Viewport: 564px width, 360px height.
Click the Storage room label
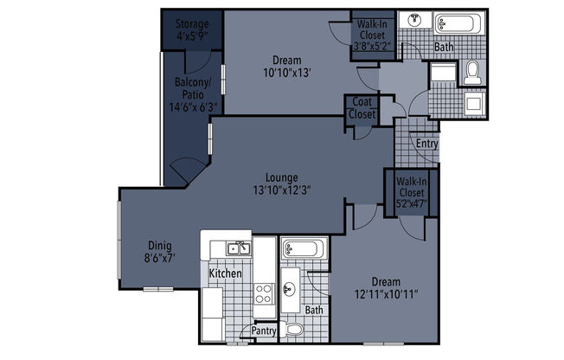pos(191,23)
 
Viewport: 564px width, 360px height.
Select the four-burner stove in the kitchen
pos(264,294)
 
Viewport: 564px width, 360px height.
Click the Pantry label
pos(264,331)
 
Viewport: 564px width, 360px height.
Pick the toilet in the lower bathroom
pos(294,329)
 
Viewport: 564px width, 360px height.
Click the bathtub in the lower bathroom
pos(303,249)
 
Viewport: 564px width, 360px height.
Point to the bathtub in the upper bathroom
pos(454,22)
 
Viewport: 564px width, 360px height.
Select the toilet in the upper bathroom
pos(472,73)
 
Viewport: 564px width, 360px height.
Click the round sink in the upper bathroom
pos(415,20)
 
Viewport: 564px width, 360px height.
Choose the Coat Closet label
pos(361,107)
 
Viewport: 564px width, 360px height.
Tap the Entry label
pos(426,144)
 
